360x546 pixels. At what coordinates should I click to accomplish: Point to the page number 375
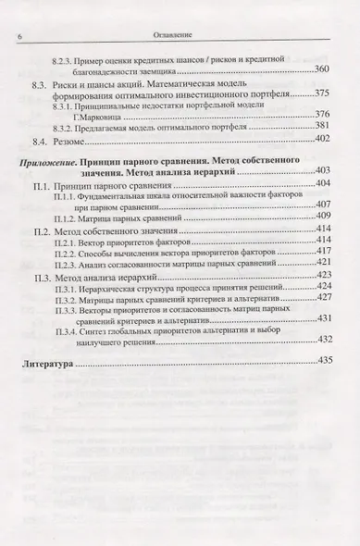click(322, 93)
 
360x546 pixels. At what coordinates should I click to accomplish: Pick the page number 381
click(323, 126)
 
